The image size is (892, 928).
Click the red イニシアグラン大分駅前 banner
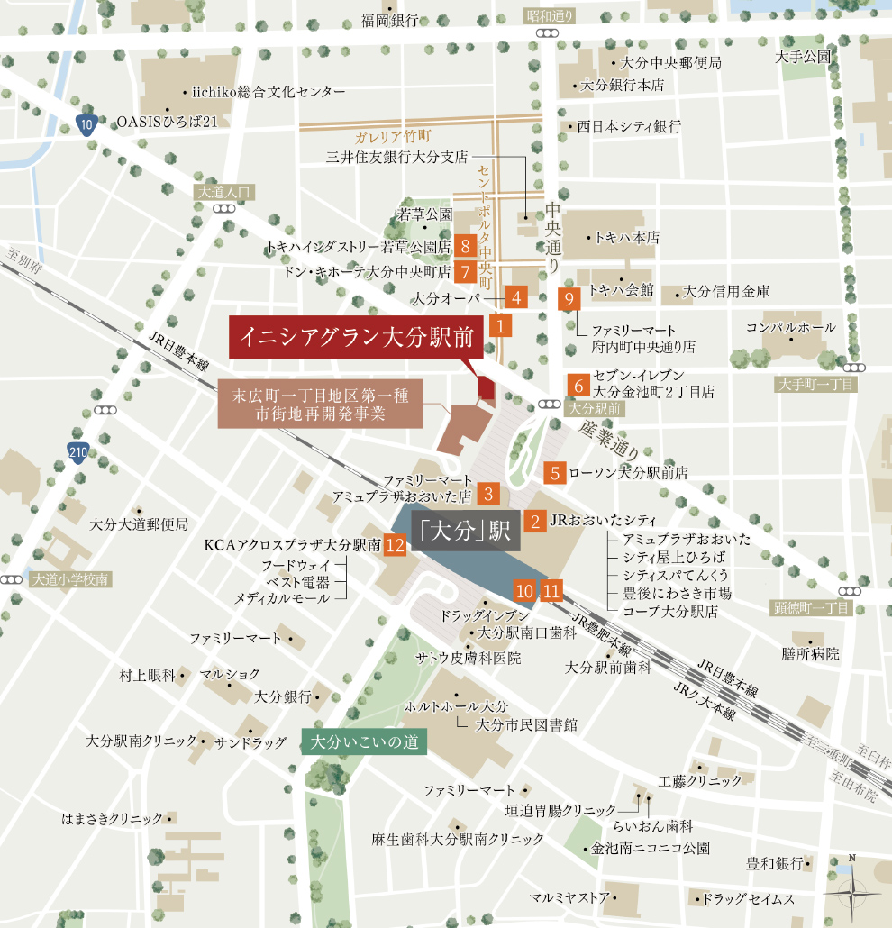[x=357, y=337]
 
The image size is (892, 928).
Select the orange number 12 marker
[x=394, y=545]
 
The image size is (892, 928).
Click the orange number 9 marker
[x=569, y=300]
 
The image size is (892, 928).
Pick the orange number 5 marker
[x=556, y=471]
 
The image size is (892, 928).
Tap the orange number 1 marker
[x=500, y=325]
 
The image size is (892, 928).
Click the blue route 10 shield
[x=86, y=126]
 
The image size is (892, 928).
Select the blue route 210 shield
[x=78, y=452]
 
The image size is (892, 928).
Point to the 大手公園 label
[x=802, y=57]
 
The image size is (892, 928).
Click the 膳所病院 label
[x=809, y=653]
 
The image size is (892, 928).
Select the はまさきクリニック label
[x=112, y=818]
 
